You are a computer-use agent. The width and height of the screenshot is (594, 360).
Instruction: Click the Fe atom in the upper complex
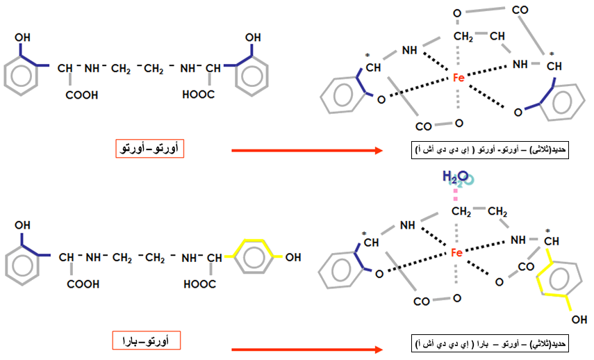pyautogui.click(x=459, y=78)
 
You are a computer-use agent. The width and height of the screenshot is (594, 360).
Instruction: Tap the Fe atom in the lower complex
pyautogui.click(x=456, y=252)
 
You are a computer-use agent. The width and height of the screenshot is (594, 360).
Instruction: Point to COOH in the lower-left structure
pyautogui.click(x=83, y=284)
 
